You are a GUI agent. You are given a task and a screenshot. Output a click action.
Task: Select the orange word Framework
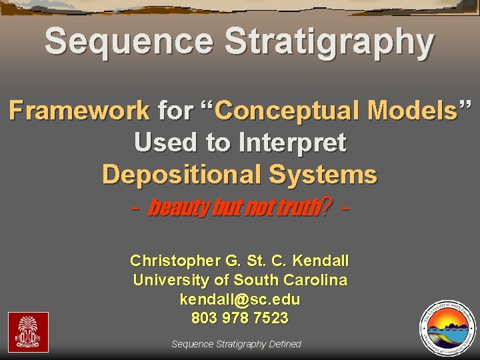coord(79,110)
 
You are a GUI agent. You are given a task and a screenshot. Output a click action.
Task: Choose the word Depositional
coord(182,174)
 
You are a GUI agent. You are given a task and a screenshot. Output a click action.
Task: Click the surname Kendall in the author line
coord(321,260)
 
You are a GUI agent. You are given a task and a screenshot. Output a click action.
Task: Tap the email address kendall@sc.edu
coord(240,299)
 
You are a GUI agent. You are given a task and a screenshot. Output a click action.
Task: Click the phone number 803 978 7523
coord(240,319)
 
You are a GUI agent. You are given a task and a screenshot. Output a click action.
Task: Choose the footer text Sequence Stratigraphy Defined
coord(236,344)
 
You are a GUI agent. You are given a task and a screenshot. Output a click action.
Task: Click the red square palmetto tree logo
coord(28,332)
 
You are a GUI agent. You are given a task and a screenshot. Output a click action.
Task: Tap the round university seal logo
coord(447,327)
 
